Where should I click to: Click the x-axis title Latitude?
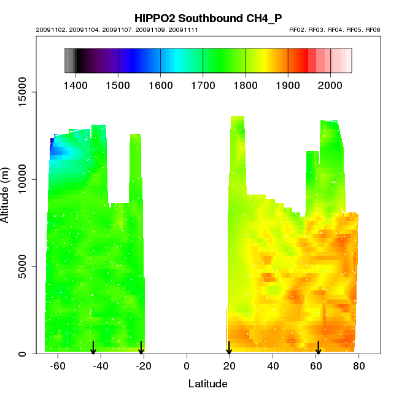(x=207, y=384)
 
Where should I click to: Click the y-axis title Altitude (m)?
(x=6, y=195)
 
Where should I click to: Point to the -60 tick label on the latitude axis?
(x=58, y=366)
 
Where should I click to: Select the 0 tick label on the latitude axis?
(x=186, y=366)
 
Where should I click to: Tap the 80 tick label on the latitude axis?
(x=359, y=366)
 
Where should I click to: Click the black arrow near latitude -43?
(x=93, y=348)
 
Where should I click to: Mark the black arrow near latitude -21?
(x=141, y=348)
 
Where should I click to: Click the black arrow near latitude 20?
(x=229, y=348)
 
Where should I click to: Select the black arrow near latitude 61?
(x=318, y=348)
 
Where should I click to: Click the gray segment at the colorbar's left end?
(x=69, y=60)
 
